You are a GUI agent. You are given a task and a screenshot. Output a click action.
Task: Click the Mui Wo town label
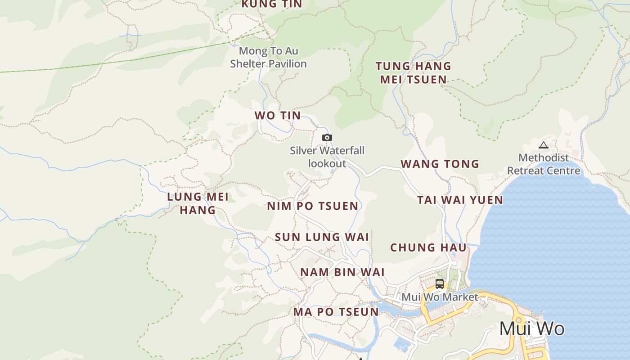(x=531, y=328)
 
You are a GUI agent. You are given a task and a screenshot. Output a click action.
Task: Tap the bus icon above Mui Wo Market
(x=440, y=284)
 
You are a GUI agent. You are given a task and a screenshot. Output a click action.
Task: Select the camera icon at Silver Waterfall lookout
(x=327, y=137)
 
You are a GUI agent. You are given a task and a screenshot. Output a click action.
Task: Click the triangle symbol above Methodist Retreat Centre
(x=544, y=145)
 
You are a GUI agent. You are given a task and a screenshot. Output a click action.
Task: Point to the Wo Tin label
(x=278, y=115)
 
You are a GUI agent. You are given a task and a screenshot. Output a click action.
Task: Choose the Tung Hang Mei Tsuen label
(x=413, y=72)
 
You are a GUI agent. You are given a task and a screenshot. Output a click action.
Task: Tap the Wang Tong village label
(x=440, y=164)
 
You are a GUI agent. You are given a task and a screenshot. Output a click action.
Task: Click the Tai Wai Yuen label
(x=460, y=200)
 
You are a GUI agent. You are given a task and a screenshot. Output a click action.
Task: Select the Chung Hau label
(x=428, y=247)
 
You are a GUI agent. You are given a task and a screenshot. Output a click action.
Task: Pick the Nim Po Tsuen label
(x=313, y=206)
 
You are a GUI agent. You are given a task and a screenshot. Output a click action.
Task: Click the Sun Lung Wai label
(x=322, y=237)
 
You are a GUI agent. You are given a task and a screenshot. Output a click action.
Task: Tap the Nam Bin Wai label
(x=342, y=272)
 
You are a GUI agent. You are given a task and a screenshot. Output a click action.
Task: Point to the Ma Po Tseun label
(x=336, y=311)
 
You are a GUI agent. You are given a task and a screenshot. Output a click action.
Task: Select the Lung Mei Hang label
(x=198, y=203)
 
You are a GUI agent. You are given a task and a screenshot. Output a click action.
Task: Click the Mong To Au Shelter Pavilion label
(x=268, y=57)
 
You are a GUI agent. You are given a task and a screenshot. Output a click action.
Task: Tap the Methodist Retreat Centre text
(x=544, y=164)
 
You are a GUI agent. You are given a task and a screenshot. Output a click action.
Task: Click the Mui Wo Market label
(x=440, y=297)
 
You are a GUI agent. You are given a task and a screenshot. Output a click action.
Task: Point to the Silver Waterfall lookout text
(x=327, y=157)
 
